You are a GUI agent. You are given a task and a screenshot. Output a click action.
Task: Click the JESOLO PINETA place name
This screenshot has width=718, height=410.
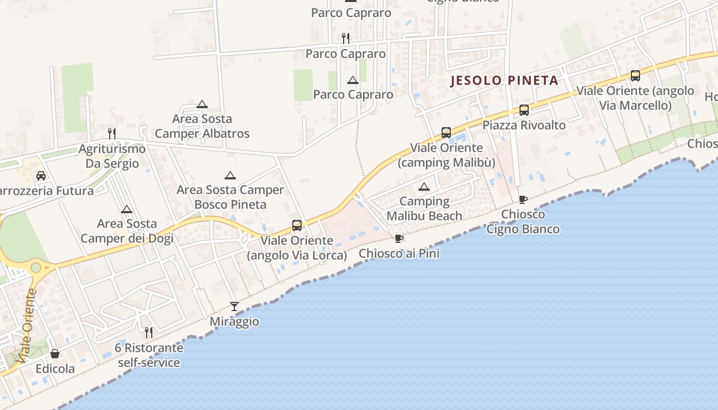coord(504,80)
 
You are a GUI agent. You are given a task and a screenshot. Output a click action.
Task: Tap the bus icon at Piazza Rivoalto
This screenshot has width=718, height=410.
coord(524,110)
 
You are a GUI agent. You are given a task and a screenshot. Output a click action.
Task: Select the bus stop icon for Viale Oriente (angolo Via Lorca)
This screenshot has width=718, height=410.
coord(296,225)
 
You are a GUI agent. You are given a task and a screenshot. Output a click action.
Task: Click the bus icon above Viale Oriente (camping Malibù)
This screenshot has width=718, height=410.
coord(446,133)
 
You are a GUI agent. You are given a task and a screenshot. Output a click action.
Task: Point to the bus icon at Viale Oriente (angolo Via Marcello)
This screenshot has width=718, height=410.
coord(635,76)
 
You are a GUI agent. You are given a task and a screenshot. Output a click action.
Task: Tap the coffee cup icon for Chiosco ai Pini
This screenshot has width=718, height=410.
coord(399,238)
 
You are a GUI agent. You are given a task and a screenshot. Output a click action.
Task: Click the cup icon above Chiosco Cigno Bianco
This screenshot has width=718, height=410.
coord(523,199)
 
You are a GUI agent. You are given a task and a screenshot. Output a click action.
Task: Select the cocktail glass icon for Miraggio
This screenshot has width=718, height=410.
coord(234,306)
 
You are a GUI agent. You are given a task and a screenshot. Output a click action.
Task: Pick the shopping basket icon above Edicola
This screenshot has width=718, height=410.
coord(55,354)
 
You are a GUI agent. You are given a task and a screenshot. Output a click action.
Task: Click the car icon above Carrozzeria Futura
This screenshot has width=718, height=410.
coord(41,176)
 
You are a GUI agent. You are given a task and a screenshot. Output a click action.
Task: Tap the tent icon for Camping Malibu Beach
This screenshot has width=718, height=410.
coord(424,187)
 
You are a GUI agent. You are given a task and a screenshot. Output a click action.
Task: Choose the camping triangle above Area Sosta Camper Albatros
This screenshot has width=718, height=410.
coord(202,104)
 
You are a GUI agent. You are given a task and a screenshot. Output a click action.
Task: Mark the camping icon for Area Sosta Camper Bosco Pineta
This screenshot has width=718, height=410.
coord(230,175)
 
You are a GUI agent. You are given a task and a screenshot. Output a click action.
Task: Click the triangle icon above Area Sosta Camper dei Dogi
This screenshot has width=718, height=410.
coord(127,209)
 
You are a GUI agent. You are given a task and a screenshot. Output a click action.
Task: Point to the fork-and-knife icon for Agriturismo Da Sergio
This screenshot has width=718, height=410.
coord(112,134)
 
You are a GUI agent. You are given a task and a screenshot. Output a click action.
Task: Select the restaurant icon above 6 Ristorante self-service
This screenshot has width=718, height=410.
coord(149,333)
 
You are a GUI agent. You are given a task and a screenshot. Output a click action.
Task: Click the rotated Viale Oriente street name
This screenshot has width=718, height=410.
coord(27,326)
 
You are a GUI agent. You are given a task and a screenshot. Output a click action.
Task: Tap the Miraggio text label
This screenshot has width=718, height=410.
coord(234,322)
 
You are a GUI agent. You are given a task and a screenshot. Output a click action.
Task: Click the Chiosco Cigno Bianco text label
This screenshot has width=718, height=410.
coord(523,221)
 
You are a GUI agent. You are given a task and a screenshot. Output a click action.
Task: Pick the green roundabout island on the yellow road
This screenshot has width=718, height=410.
coord(35,267)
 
